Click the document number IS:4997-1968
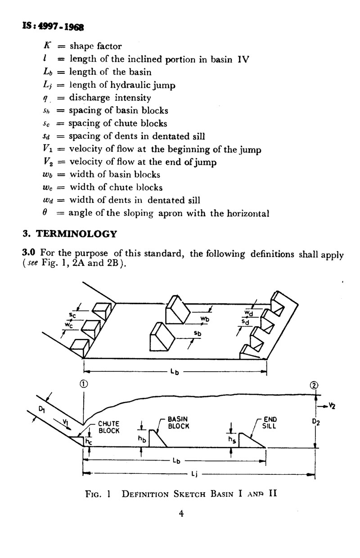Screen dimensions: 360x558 (x=53, y=27)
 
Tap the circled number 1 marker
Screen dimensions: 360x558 (x=84, y=384)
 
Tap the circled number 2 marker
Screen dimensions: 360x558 (x=314, y=385)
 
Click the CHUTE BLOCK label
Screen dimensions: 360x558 (x=109, y=427)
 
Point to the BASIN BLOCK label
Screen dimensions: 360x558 (x=178, y=423)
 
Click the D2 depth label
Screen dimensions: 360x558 (x=315, y=422)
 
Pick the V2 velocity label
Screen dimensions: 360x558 (x=332, y=406)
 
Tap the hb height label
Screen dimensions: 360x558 (x=142, y=440)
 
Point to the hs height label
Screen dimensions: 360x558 (x=232, y=440)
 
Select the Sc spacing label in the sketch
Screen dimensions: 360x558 (x=72, y=315)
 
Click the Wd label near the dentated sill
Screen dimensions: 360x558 (x=249, y=313)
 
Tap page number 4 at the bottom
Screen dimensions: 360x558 (x=181, y=513)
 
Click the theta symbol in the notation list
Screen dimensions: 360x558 (x=45, y=212)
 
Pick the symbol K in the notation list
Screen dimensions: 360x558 (x=47, y=45)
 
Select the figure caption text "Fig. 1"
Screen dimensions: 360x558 (x=98, y=494)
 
